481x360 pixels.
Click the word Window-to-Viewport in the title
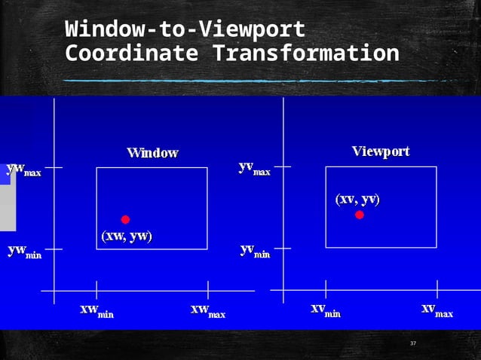(x=185, y=30)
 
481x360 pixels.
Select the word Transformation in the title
(x=305, y=54)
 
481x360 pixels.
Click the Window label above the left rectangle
(x=152, y=153)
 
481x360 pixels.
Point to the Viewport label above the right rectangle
(x=381, y=151)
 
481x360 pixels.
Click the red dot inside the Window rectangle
(x=125, y=219)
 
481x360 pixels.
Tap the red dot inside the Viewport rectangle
(x=360, y=215)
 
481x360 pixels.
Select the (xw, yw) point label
(x=127, y=236)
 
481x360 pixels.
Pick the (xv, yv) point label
(x=357, y=199)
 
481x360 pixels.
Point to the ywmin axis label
(x=24, y=251)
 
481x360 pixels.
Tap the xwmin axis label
(x=97, y=310)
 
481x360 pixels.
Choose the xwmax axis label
(x=207, y=310)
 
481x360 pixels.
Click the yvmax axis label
(x=254, y=168)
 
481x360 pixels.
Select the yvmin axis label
(x=254, y=251)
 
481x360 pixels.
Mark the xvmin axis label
(x=326, y=310)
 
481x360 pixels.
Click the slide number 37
(x=412, y=343)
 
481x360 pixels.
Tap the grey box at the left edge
(x=8, y=203)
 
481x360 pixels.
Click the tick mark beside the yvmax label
(x=282, y=166)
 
